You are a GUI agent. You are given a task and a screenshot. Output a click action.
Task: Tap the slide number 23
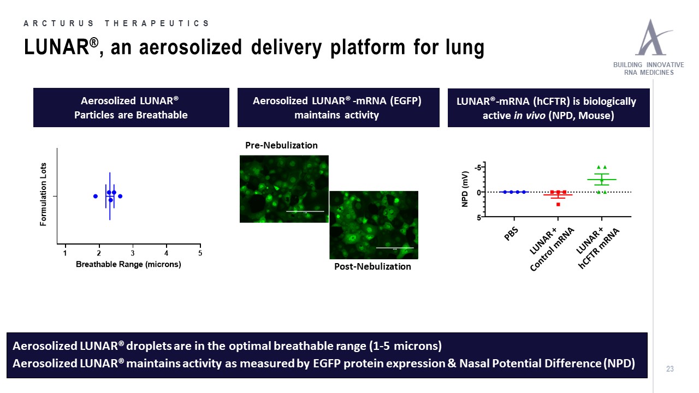(670, 370)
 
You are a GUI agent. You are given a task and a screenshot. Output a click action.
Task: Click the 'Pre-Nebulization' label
(281, 145)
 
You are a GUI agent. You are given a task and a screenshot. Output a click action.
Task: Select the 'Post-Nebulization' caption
(372, 266)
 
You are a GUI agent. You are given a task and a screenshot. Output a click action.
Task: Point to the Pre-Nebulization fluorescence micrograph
(284, 188)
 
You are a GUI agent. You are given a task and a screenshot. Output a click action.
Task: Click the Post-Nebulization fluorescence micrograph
(374, 225)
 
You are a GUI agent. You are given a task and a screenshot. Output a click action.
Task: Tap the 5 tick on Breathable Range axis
(200, 253)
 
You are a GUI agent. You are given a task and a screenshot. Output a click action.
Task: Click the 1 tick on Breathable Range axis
(66, 253)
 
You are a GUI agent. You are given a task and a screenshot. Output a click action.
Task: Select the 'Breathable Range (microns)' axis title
(128, 264)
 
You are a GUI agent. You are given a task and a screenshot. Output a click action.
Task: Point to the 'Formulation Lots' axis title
(44, 194)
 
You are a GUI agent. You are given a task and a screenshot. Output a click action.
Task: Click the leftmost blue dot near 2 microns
(96, 196)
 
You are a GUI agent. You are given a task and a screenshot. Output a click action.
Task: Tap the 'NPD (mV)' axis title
(465, 188)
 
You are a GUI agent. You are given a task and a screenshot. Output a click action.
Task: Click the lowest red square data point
(558, 204)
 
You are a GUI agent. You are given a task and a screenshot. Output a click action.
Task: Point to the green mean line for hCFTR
(602, 180)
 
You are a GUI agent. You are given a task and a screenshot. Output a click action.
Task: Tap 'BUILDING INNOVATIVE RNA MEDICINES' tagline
(649, 69)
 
